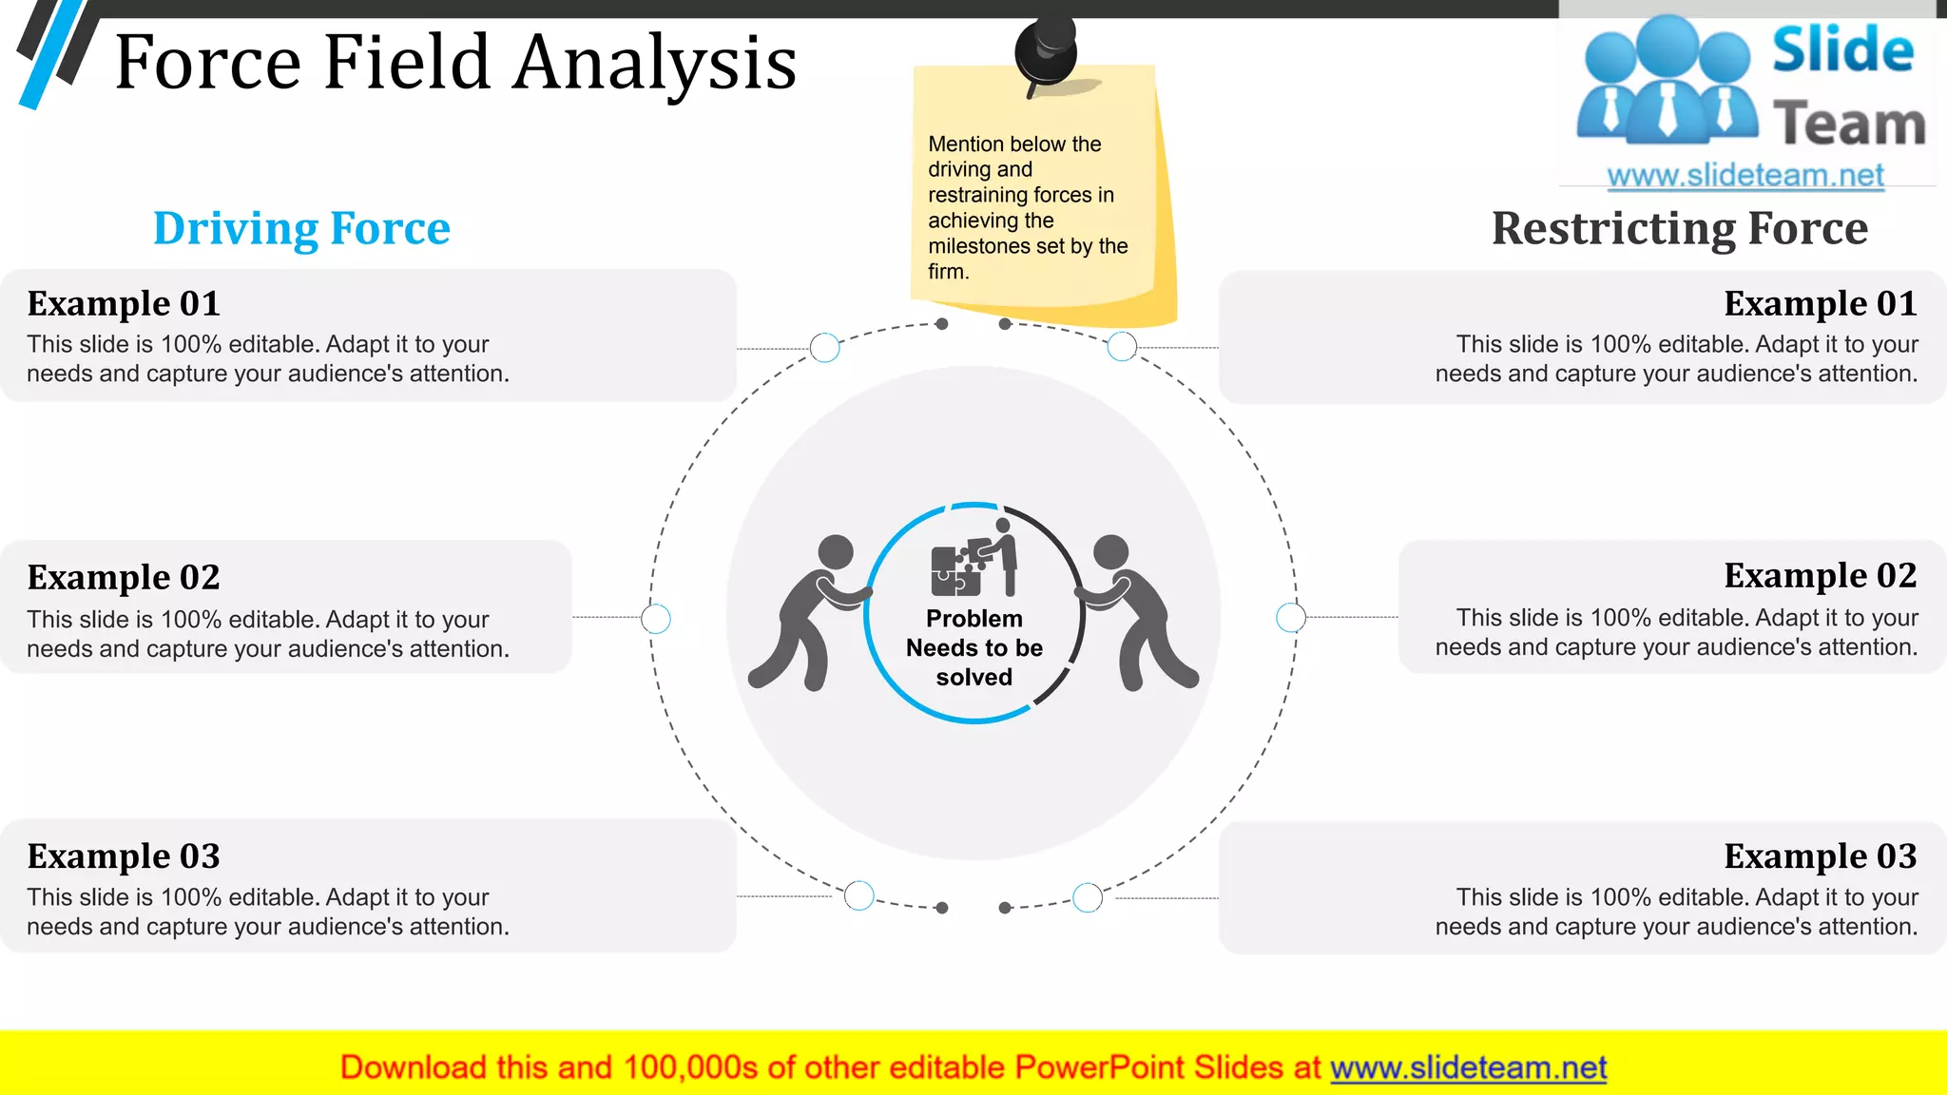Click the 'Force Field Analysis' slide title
point(455,63)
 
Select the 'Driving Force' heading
point(301,228)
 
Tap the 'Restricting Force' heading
point(1679,228)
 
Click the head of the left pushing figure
point(836,551)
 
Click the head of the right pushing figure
point(1110,551)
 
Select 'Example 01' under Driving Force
point(124,303)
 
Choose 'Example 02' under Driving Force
point(124,577)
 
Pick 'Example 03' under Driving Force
point(124,856)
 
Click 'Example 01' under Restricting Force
point(1820,303)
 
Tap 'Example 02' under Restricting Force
point(1820,575)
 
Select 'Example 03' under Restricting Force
point(1820,856)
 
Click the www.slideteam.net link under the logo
point(1745,176)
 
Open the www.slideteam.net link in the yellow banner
point(1468,1067)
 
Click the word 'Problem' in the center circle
point(974,619)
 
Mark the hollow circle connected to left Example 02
point(656,619)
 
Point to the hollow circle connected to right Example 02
point(1290,617)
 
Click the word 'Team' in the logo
point(1848,125)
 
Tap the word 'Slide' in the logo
point(1842,49)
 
